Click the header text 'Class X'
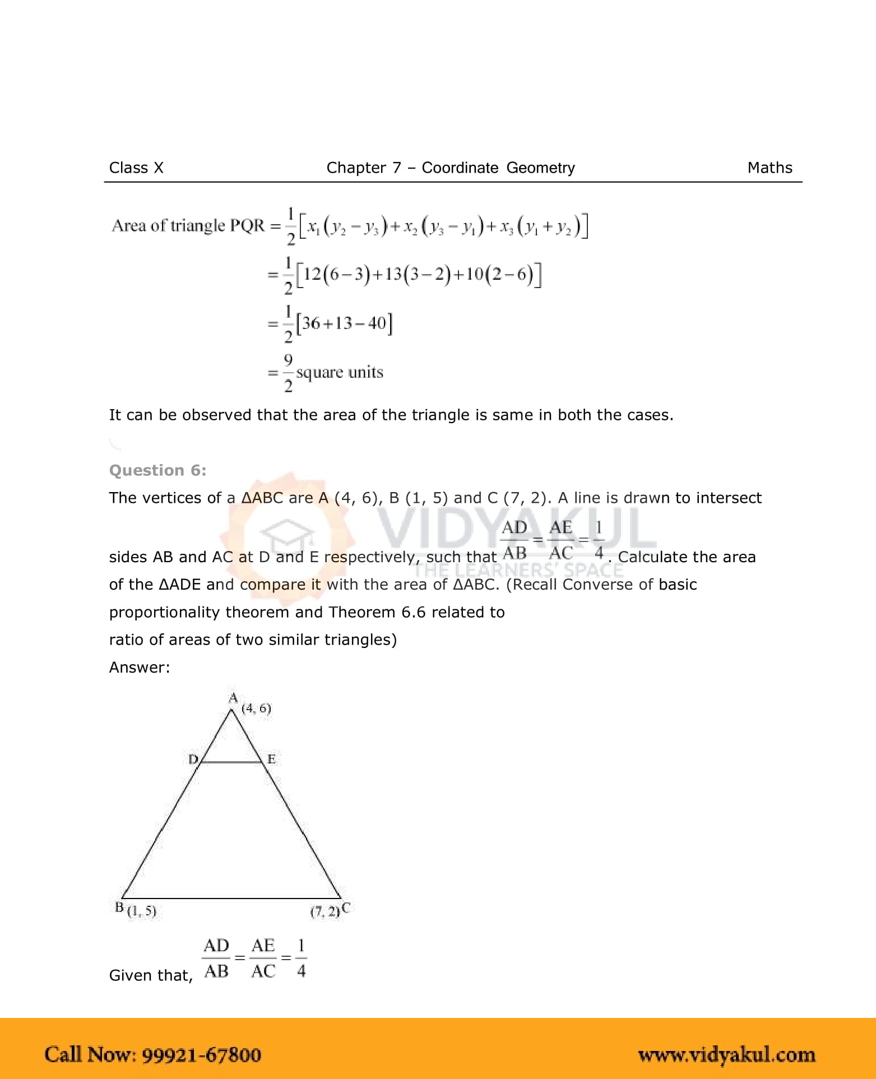coord(136,168)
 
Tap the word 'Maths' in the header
coord(770,168)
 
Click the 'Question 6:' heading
coord(157,470)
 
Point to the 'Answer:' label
coord(140,667)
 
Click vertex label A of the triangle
coord(233,698)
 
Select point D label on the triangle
coord(193,760)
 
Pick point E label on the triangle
coord(271,760)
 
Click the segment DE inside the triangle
coord(231,762)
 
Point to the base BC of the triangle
coord(231,899)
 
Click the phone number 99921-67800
coord(201,1055)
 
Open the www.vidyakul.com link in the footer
coord(726,1055)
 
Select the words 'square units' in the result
coord(340,373)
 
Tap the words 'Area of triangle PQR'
coord(188,226)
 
